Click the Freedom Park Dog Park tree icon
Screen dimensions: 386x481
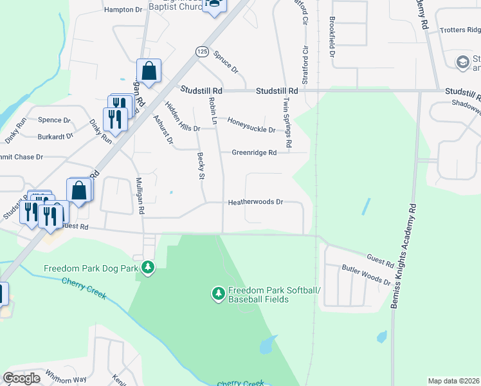click(x=148, y=267)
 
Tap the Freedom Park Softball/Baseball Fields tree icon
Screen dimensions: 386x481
click(x=219, y=294)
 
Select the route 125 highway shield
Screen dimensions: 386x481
click(x=202, y=51)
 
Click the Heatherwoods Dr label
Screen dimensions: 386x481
click(x=255, y=202)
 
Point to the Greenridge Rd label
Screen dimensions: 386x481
click(x=254, y=152)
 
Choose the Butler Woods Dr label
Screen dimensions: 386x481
click(x=366, y=275)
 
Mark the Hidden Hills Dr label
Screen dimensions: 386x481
click(x=182, y=116)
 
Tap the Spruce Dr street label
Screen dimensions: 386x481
click(x=226, y=62)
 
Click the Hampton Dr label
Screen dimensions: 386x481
click(x=122, y=10)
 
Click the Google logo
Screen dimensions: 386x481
click(x=21, y=378)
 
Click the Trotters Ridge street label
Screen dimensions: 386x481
click(x=460, y=30)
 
